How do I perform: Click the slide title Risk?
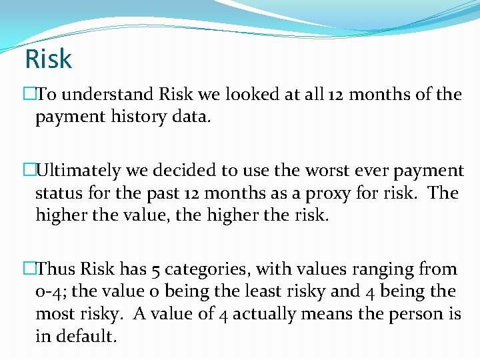[x=48, y=59]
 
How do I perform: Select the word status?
[x=57, y=193]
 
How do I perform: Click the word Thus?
[x=56, y=269]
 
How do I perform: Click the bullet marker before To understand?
[x=29, y=95]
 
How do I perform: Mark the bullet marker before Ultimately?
[x=29, y=171]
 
